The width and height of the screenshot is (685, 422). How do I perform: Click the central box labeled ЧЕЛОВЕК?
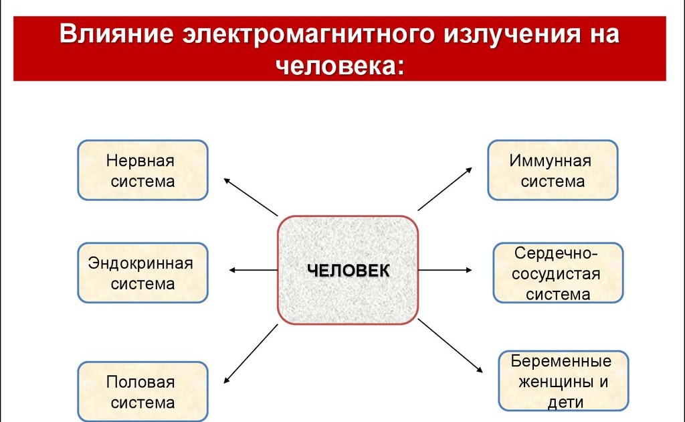(x=348, y=270)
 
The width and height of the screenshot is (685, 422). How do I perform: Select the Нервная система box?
(x=142, y=170)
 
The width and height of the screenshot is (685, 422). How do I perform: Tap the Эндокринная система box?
(x=142, y=273)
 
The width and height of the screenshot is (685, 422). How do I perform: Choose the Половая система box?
(x=142, y=392)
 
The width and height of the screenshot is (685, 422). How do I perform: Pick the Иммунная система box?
(x=553, y=170)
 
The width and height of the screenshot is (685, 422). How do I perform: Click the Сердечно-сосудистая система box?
(x=558, y=273)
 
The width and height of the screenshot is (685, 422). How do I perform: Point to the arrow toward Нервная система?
(x=250, y=197)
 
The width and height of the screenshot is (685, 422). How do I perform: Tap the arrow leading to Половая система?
(x=250, y=354)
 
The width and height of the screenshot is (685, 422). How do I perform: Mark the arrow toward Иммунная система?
(x=445, y=190)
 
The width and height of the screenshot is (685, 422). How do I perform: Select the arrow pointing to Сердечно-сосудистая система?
(x=445, y=270)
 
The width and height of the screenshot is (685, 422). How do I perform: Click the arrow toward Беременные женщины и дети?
(x=450, y=346)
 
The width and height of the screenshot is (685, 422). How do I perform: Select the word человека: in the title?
(x=340, y=65)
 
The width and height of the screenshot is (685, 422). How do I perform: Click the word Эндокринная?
(x=140, y=263)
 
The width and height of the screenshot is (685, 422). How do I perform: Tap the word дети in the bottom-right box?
(x=564, y=403)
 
